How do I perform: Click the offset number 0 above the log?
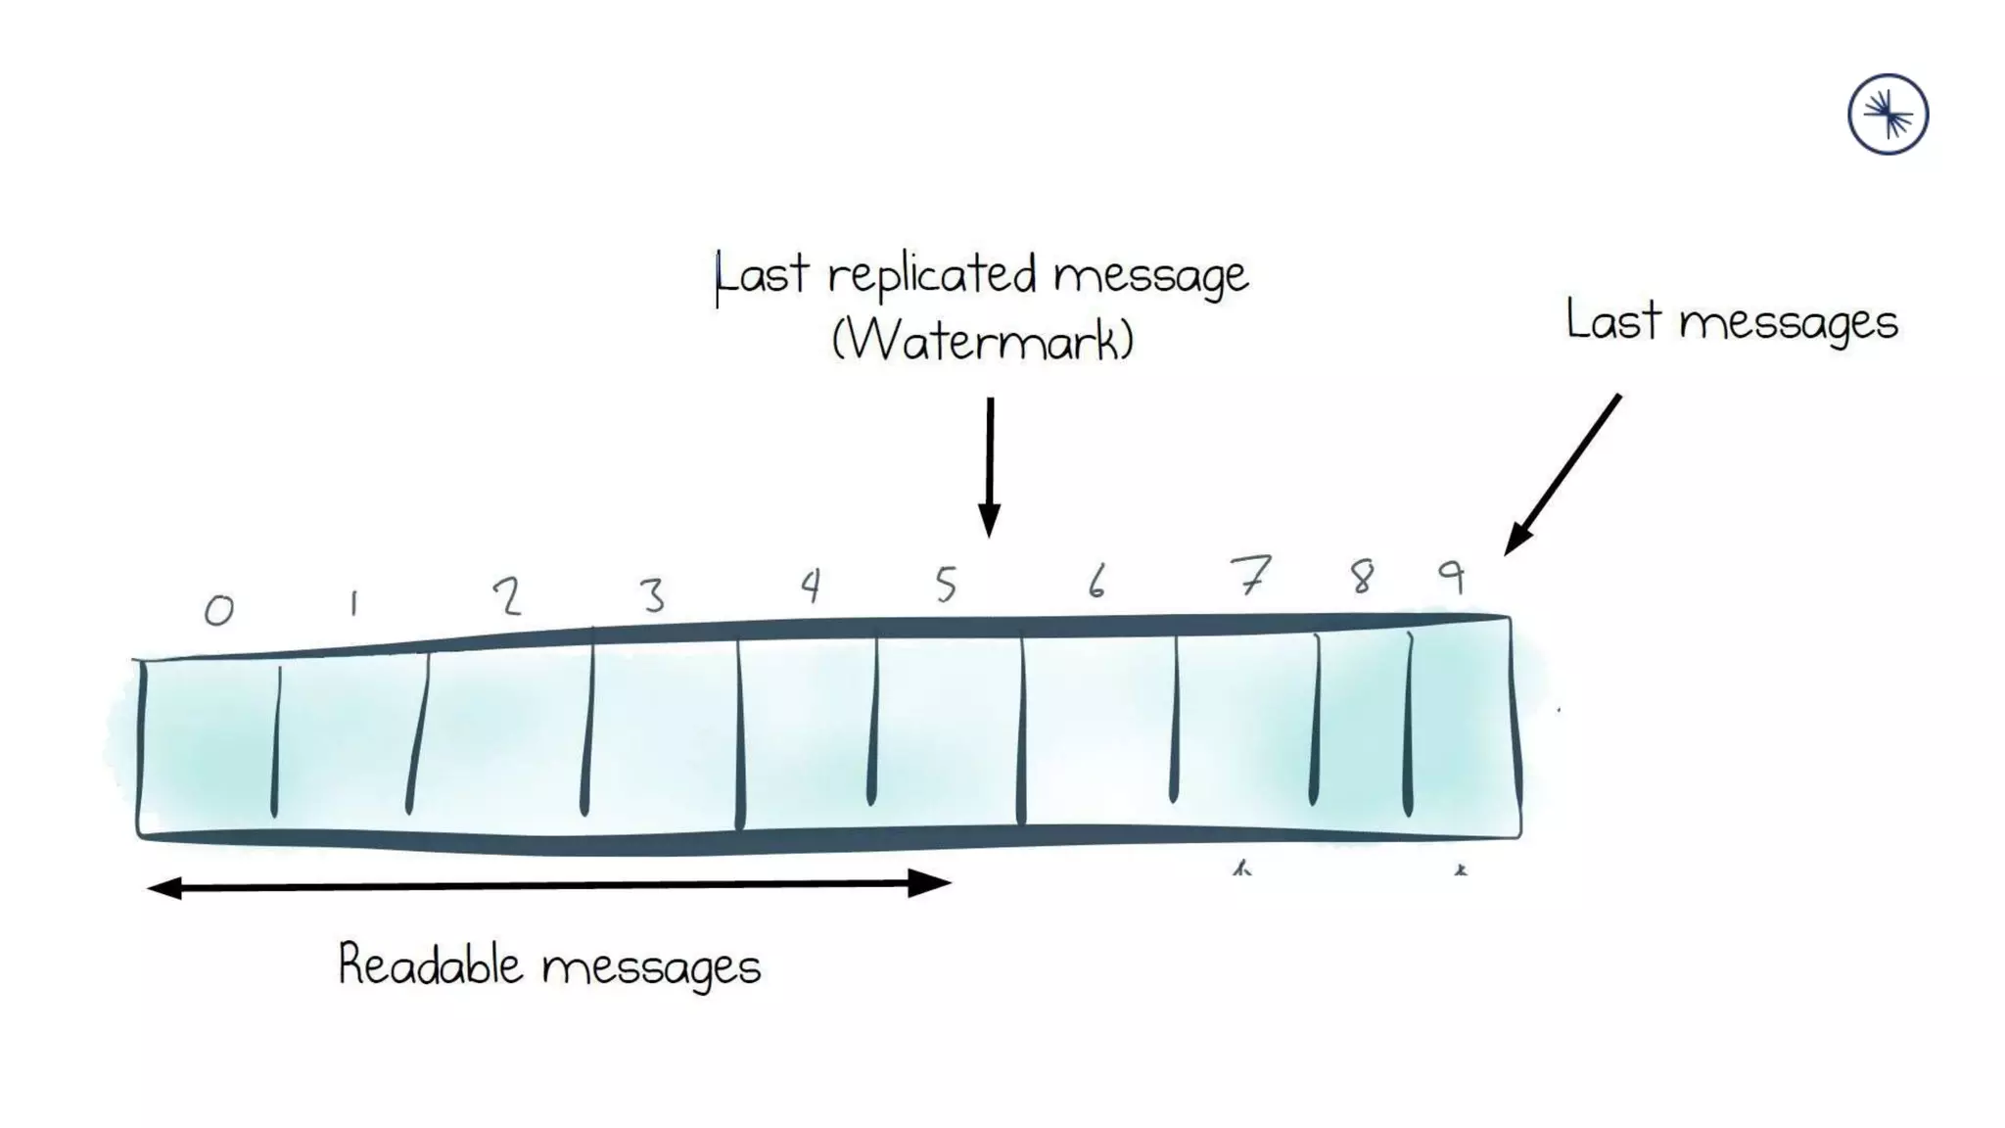pyautogui.click(x=219, y=610)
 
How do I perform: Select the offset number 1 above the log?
pyautogui.click(x=353, y=603)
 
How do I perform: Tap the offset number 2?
pyautogui.click(x=507, y=595)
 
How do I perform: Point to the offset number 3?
pyautogui.click(x=652, y=594)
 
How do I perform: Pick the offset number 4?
pyautogui.click(x=810, y=586)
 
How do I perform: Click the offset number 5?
pyautogui.click(x=945, y=585)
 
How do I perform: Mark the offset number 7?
pyautogui.click(x=1250, y=575)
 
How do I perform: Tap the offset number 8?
pyautogui.click(x=1362, y=577)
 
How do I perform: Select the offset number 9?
pyautogui.click(x=1452, y=576)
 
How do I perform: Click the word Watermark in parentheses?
pyautogui.click(x=983, y=341)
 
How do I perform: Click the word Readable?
pyautogui.click(x=431, y=964)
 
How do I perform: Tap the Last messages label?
pyautogui.click(x=1731, y=321)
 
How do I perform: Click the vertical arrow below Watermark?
pyautogui.click(x=990, y=465)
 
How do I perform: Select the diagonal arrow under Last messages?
pyautogui.click(x=1562, y=474)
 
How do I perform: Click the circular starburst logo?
pyautogui.click(x=1888, y=115)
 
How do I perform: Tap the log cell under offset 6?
pyautogui.click(x=1097, y=729)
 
